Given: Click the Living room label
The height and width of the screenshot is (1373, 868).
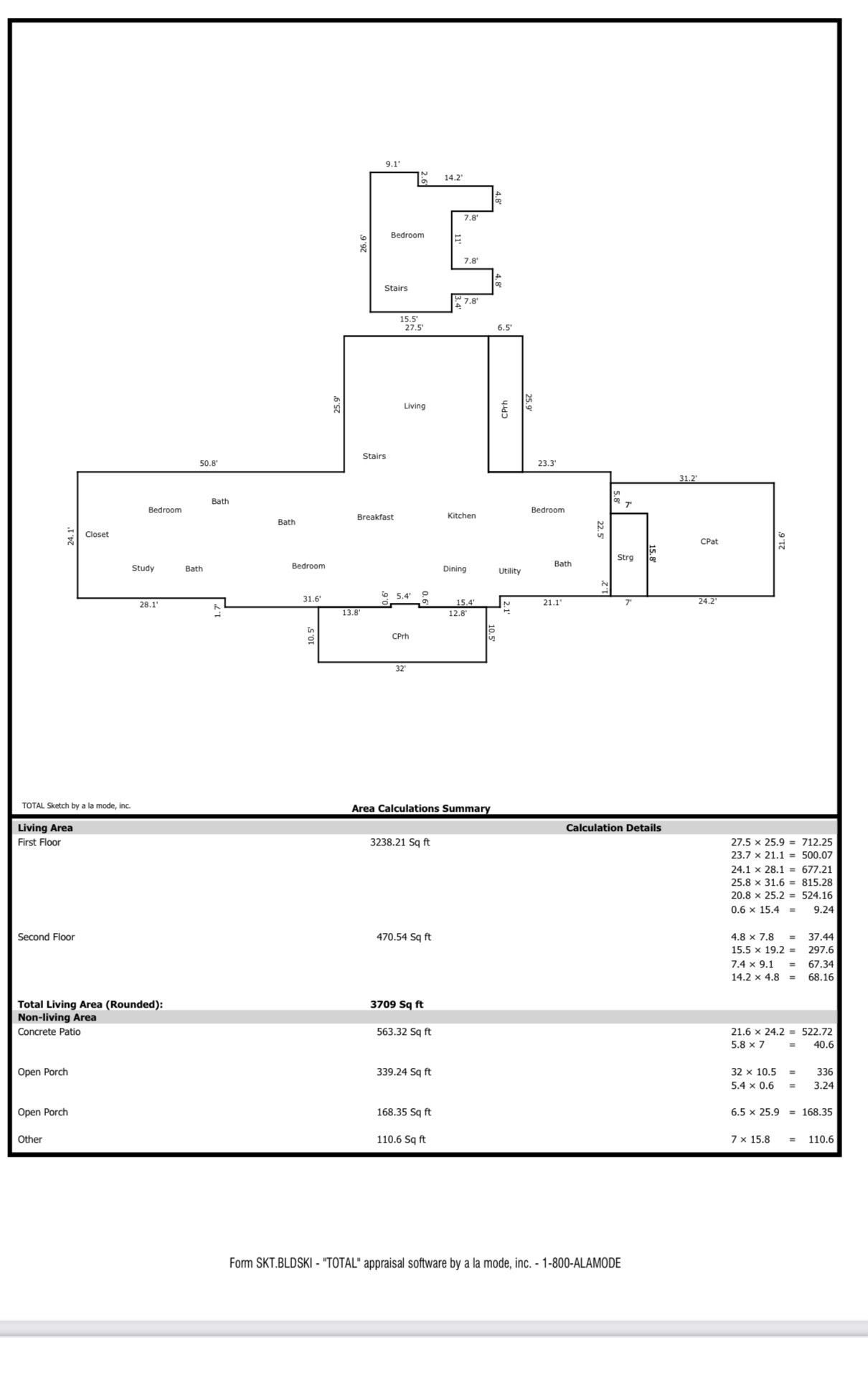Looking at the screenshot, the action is click(x=415, y=406).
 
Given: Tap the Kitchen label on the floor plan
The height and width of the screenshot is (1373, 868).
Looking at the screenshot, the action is click(x=461, y=516).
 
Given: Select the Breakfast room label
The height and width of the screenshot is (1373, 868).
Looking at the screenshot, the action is click(x=375, y=517).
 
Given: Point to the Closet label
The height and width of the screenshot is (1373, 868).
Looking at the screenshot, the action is click(x=97, y=535).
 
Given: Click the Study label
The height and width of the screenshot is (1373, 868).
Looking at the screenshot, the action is click(x=143, y=568).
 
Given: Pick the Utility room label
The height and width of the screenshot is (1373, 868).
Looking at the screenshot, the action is click(x=509, y=571).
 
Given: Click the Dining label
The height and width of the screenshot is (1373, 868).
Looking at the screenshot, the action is click(x=454, y=569).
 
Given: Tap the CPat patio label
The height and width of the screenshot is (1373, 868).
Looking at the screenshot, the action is click(x=709, y=542).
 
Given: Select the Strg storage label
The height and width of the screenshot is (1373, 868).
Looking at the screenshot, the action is click(x=625, y=558).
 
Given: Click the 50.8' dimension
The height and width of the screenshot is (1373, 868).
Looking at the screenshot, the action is click(x=208, y=464).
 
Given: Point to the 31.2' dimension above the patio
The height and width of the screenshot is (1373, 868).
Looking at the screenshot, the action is click(x=688, y=478).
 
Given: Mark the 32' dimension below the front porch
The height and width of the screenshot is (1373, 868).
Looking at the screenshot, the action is click(x=400, y=669).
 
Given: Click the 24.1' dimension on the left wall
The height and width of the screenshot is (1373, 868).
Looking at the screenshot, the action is click(x=71, y=536).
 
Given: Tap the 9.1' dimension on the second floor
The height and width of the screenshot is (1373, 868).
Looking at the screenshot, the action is click(x=392, y=164).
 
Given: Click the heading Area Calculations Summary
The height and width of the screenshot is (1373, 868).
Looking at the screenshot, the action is click(x=420, y=808).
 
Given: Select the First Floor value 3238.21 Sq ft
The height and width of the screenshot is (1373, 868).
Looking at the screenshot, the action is click(x=400, y=843).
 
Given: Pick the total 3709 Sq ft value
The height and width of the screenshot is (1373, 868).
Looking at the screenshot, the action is click(x=397, y=1004).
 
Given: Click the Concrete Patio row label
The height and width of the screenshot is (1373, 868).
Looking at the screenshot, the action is click(x=49, y=1032).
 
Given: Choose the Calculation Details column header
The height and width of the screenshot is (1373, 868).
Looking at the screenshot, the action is click(x=613, y=828).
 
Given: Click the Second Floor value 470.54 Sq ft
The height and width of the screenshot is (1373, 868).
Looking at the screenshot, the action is click(x=404, y=937).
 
